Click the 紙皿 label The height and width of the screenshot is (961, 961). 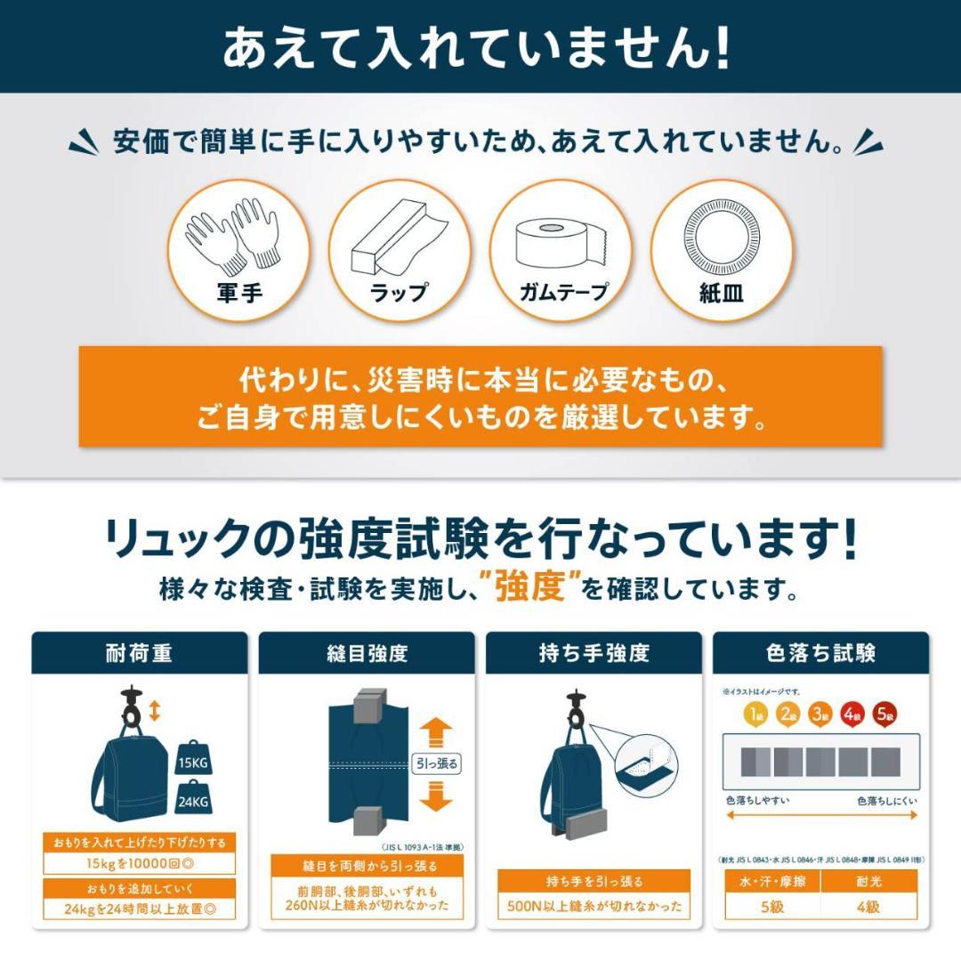tap(722, 293)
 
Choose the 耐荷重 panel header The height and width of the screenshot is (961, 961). tap(140, 653)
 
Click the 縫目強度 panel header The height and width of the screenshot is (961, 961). tap(367, 653)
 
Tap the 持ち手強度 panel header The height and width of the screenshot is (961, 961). tap(594, 653)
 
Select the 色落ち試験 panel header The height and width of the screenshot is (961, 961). tap(820, 653)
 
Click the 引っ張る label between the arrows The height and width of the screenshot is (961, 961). tap(437, 763)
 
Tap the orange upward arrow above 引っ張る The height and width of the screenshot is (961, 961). tap(435, 731)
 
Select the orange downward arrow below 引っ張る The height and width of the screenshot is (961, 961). tap(435, 794)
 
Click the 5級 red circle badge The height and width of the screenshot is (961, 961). tap(885, 713)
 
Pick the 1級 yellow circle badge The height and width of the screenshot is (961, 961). tap(755, 713)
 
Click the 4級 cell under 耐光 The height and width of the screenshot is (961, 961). tap(868, 908)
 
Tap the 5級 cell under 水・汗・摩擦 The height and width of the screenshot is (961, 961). tap(771, 908)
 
